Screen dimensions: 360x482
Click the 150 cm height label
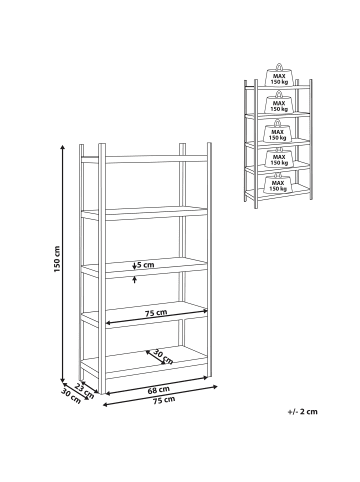(x=57, y=259)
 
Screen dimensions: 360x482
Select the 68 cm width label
(x=159, y=389)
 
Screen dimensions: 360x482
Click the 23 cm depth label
(x=84, y=390)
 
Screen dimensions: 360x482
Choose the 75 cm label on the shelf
(x=156, y=313)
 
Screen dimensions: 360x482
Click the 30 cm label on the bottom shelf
(x=163, y=357)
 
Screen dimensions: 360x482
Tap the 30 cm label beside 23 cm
(x=71, y=396)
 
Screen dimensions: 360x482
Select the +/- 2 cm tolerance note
(x=303, y=411)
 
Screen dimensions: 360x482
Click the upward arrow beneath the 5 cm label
(x=134, y=279)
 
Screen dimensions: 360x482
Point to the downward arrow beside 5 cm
(x=134, y=266)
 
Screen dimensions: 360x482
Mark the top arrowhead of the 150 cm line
(x=62, y=147)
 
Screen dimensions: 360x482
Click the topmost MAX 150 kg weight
(x=279, y=75)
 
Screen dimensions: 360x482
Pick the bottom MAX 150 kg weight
(x=279, y=183)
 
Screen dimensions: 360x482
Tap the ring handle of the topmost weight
(x=279, y=66)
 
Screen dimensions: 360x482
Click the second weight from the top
(x=279, y=102)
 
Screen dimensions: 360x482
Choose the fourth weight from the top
(x=279, y=157)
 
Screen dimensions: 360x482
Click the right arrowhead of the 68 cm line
(x=206, y=377)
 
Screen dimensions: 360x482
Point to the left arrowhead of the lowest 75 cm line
(x=105, y=405)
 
